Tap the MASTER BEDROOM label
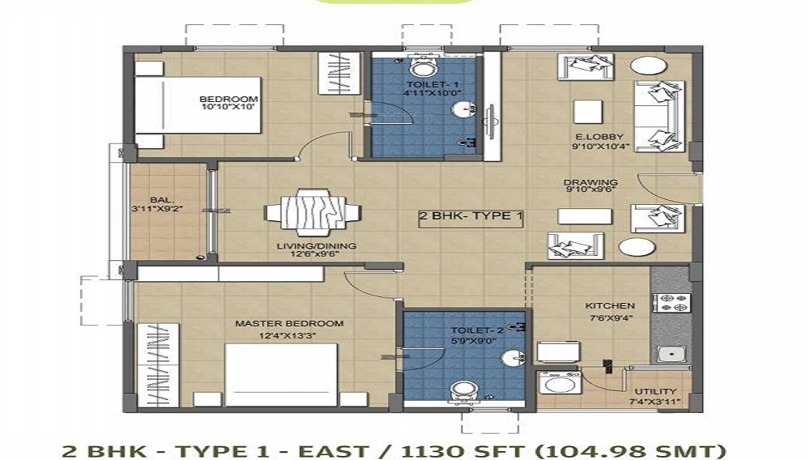[289, 323]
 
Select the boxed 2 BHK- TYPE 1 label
[471, 216]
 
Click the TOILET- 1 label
[421, 84]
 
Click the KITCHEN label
[610, 306]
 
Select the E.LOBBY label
[592, 137]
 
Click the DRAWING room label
[590, 182]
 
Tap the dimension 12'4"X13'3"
[289, 335]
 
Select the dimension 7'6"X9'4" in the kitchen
[610, 318]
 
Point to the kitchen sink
[669, 352]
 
